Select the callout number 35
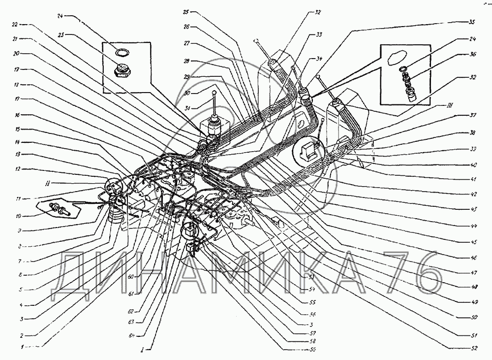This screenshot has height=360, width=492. [471, 23]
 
